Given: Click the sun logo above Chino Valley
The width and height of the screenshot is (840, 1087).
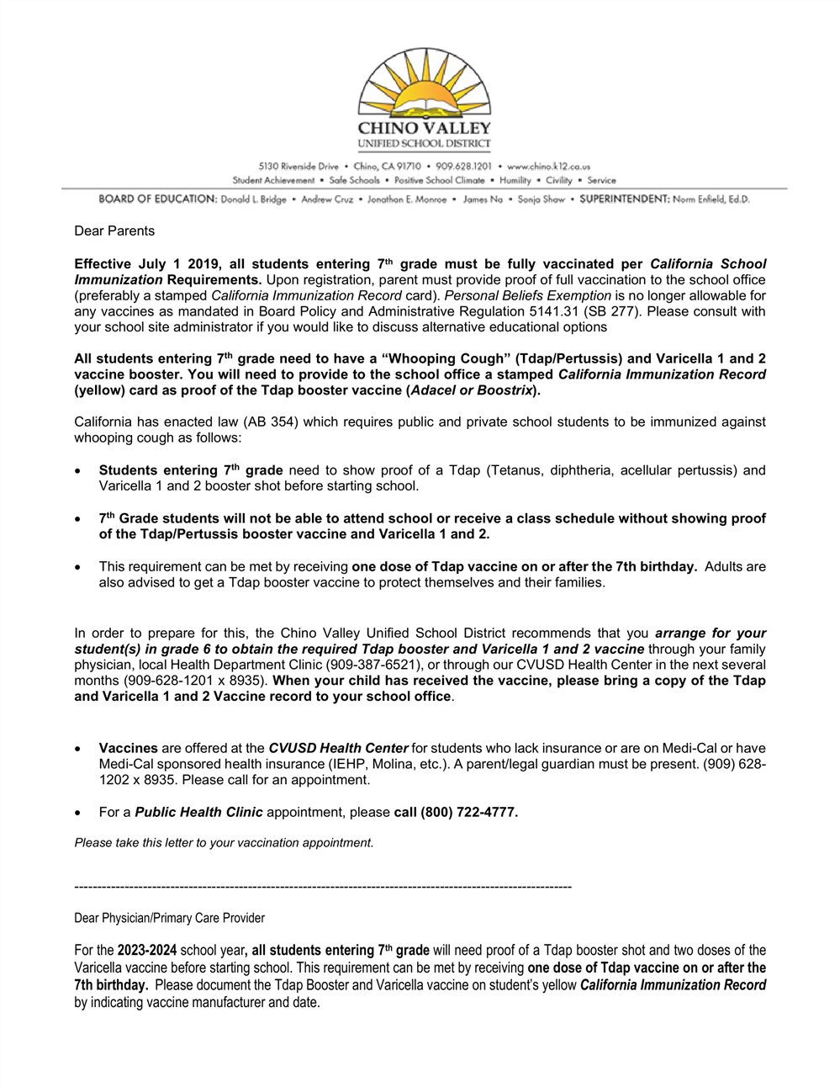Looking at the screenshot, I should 424,83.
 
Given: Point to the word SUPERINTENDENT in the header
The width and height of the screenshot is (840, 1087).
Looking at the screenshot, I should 622,199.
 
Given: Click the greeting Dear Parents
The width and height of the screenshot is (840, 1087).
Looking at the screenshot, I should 114,231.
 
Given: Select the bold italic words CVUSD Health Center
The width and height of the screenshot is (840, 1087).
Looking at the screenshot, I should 338,748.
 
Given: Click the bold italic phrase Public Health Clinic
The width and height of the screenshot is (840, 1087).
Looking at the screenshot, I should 198,812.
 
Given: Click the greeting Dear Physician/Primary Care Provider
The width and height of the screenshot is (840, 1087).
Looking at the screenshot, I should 170,918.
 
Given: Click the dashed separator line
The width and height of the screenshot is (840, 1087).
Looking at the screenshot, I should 323,886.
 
